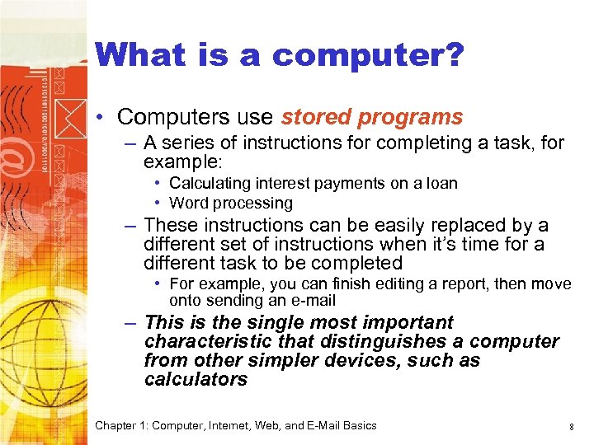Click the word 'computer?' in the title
click(x=368, y=55)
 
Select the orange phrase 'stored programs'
click(x=372, y=118)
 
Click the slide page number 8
click(x=571, y=426)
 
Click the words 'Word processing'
click(x=231, y=203)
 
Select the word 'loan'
click(x=441, y=183)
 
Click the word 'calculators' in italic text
click(x=196, y=379)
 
